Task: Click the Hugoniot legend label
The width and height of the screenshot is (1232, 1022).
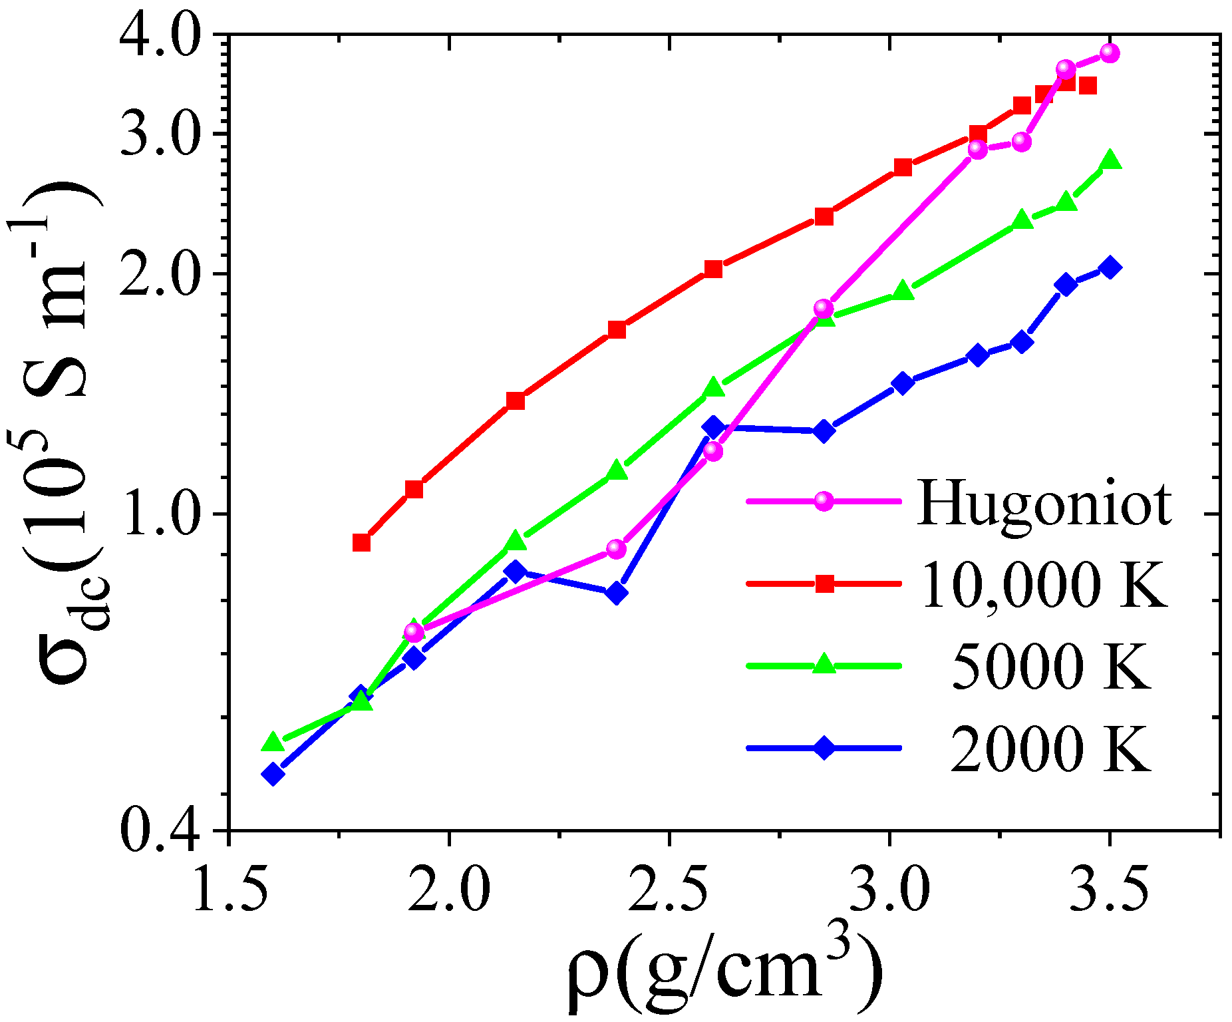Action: [x=1044, y=504]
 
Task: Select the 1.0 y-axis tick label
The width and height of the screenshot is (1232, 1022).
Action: [x=160, y=514]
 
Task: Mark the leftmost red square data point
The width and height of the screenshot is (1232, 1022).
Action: [x=361, y=542]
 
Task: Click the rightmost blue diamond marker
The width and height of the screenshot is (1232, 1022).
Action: [x=1110, y=267]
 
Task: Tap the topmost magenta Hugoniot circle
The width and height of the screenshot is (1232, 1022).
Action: [x=1110, y=53]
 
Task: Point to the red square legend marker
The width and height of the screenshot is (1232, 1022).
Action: [x=824, y=584]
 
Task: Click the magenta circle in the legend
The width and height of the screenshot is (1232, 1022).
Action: [x=824, y=501]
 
